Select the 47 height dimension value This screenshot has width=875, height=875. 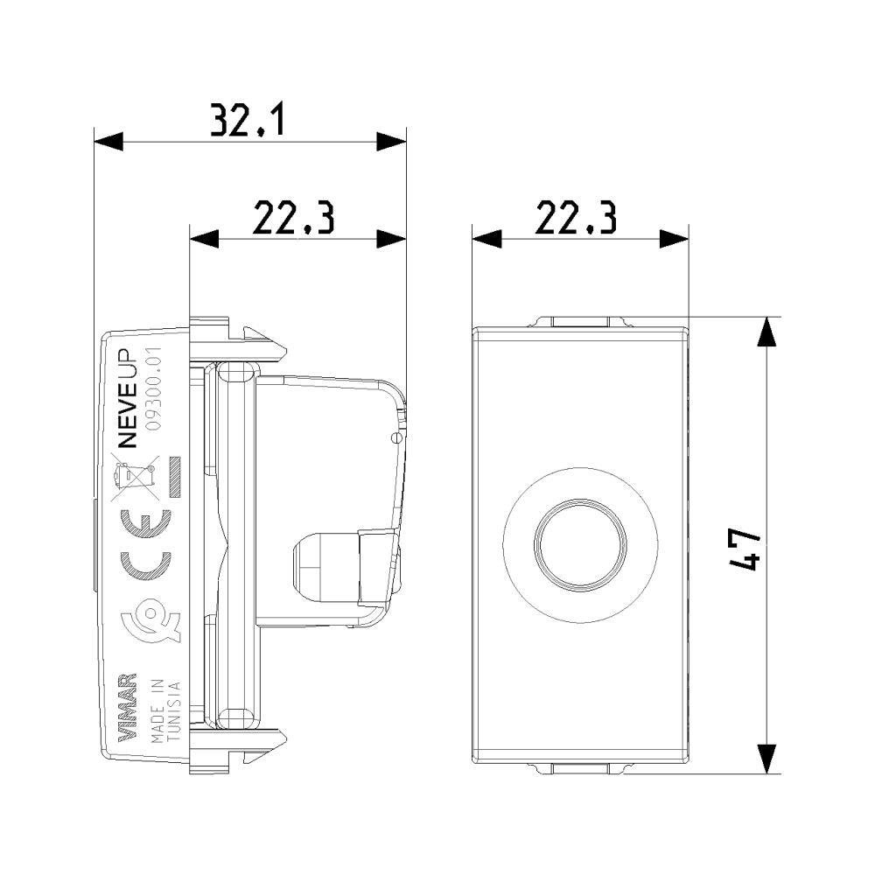[745, 550]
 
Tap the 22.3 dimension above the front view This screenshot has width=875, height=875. [576, 218]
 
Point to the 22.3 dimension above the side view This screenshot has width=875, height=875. [293, 218]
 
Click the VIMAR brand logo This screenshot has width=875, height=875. [129, 708]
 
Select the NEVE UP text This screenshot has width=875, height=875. [128, 397]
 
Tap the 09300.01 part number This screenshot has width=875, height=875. [153, 388]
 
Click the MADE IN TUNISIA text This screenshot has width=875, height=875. [165, 710]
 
